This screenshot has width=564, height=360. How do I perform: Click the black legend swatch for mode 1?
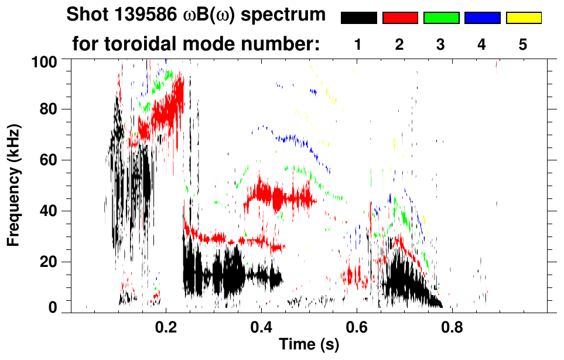pyautogui.click(x=359, y=18)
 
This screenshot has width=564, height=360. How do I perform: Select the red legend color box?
pyautogui.click(x=400, y=18)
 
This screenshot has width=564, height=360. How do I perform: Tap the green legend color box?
pyautogui.click(x=441, y=18)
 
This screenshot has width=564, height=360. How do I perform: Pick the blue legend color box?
pyautogui.click(x=482, y=18)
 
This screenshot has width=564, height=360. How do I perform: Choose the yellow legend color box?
pyautogui.click(x=523, y=18)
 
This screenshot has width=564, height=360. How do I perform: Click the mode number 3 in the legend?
pyautogui.click(x=441, y=44)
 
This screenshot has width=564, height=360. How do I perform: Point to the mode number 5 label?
pyautogui.click(x=523, y=44)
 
